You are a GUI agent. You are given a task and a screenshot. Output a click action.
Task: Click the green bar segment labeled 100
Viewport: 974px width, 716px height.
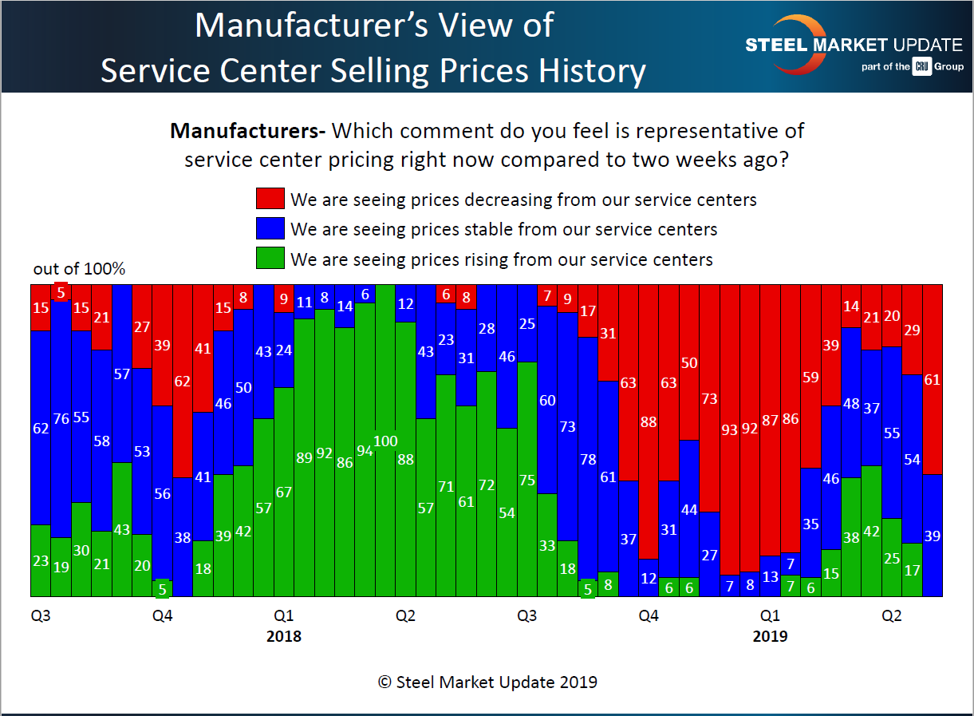click(x=385, y=441)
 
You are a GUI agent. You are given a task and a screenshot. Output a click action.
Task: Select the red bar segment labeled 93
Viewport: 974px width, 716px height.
click(x=730, y=429)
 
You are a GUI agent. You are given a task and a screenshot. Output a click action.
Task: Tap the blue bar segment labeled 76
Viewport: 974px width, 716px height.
click(x=61, y=419)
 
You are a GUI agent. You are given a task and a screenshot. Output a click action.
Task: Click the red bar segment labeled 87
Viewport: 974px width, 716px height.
click(x=770, y=420)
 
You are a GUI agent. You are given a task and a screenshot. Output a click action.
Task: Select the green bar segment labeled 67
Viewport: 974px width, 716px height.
click(x=283, y=491)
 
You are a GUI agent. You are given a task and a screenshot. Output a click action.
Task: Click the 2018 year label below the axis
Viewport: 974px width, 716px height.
click(x=283, y=636)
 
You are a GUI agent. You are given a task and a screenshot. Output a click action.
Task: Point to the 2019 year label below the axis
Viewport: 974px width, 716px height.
click(x=770, y=636)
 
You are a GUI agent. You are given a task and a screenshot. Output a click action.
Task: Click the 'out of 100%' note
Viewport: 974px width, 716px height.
click(x=79, y=269)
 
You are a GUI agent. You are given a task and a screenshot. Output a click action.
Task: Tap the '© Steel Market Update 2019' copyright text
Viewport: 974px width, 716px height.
click(x=487, y=682)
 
